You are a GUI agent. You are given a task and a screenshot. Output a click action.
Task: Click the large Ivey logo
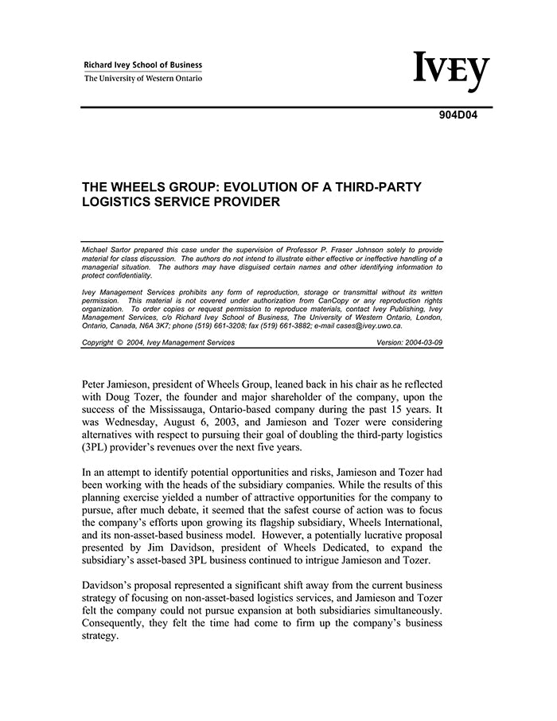(450, 72)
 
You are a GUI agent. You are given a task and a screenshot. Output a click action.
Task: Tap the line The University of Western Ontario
(143, 78)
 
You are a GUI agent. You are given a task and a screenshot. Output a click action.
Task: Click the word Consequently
(122, 623)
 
